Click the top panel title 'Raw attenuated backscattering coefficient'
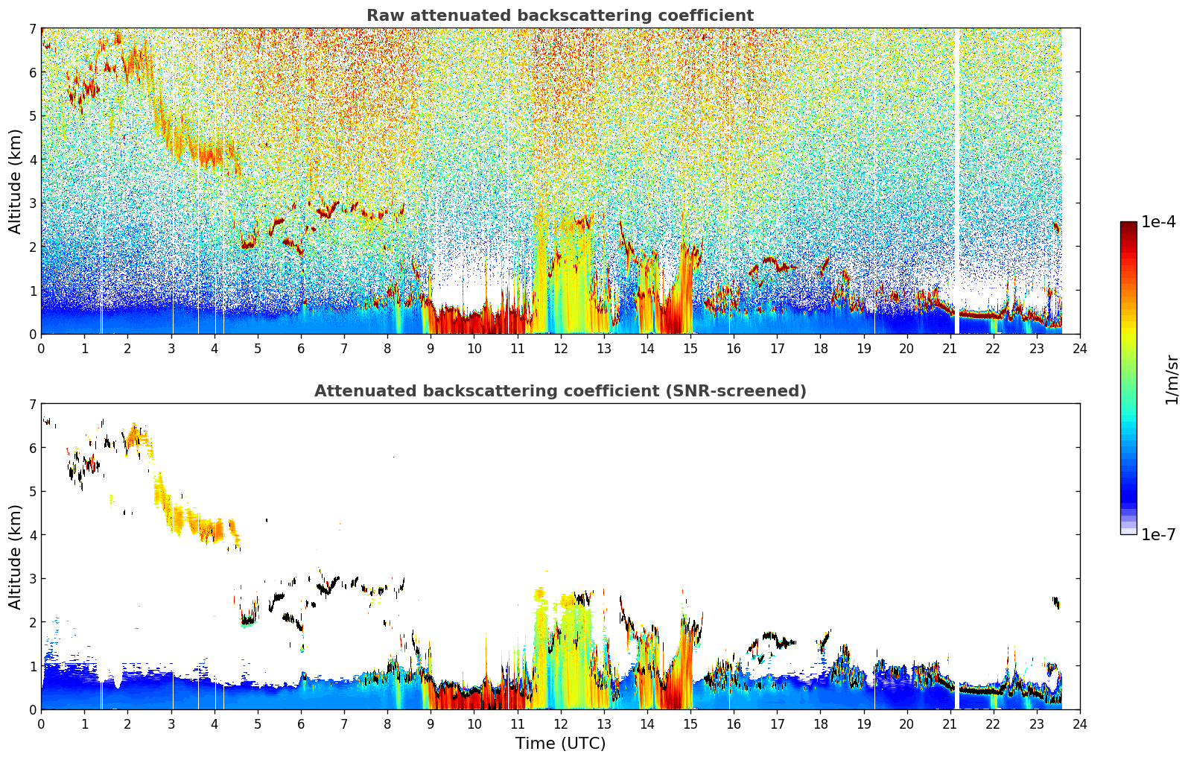[x=560, y=16]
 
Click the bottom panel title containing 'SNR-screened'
[x=560, y=391]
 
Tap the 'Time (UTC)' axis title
[x=560, y=743]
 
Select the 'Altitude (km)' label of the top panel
[x=15, y=181]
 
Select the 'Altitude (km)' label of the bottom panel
[x=15, y=557]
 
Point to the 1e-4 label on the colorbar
[x=1158, y=222]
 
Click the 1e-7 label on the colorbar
[x=1158, y=534]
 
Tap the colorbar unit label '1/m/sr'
[x=1172, y=380]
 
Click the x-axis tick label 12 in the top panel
[x=561, y=349]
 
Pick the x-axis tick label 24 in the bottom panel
[x=1080, y=724]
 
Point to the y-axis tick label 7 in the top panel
[x=33, y=28]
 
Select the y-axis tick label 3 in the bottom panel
[x=33, y=578]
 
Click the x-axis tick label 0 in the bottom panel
[x=42, y=724]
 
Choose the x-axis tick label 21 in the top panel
[x=950, y=349]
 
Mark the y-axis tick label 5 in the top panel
[x=33, y=115]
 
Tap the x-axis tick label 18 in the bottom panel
[x=821, y=724]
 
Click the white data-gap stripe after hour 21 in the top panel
[x=957, y=181]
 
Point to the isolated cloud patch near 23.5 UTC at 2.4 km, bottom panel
[x=1056, y=602]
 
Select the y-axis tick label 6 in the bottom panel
[x=33, y=448]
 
